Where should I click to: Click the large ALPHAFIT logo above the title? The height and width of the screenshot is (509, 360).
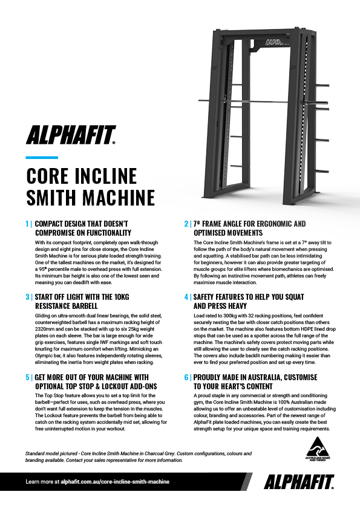pyautogui.click(x=71, y=135)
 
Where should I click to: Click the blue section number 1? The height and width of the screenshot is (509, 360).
pyautogui.click(x=27, y=224)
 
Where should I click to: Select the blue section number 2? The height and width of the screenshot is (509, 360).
pyautogui.click(x=186, y=224)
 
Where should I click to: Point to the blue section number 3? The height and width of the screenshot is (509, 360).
pyautogui.click(x=27, y=297)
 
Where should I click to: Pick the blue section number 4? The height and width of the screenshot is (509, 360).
pyautogui.click(x=186, y=297)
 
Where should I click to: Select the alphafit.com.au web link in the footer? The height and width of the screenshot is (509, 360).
pyautogui.click(x=115, y=482)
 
